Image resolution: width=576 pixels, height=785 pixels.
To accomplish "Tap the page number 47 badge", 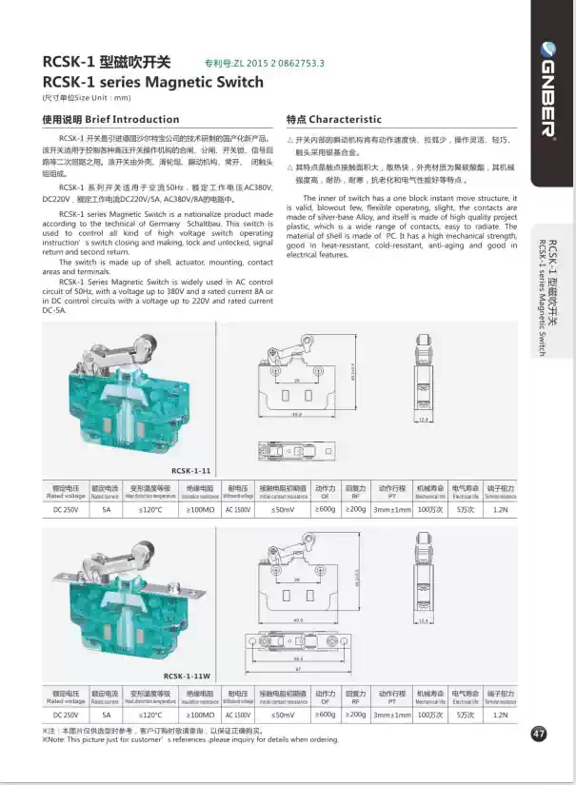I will [539, 734].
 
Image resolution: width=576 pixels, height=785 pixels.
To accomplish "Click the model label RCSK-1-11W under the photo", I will [192, 674].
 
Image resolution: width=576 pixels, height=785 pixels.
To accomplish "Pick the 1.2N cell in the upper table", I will [501, 510].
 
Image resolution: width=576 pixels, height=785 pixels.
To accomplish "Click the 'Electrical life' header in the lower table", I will [466, 697].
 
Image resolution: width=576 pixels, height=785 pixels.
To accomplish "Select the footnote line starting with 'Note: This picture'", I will [190, 739].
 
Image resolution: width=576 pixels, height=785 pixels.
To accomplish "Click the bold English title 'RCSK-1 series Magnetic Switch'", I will [153, 82].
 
